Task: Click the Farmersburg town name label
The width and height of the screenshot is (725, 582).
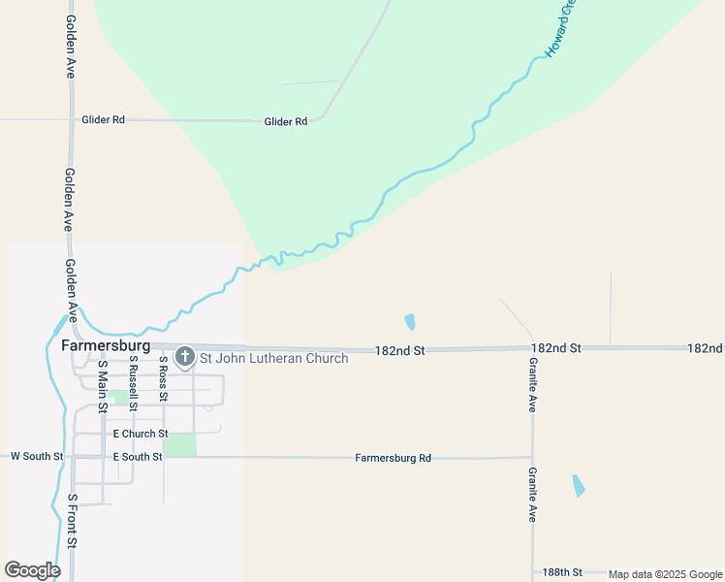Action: click(x=105, y=345)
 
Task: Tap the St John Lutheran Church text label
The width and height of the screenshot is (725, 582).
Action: click(x=273, y=358)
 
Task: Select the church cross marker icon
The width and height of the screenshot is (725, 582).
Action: click(x=184, y=357)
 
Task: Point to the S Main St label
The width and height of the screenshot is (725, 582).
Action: click(x=102, y=385)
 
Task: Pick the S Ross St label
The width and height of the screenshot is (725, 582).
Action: click(x=163, y=378)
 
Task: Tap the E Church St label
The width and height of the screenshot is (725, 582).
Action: click(x=141, y=434)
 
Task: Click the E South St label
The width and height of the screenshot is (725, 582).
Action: click(x=137, y=456)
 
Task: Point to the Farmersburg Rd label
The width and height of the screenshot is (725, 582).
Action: click(x=393, y=458)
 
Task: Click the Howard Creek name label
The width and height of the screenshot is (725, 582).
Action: click(x=560, y=29)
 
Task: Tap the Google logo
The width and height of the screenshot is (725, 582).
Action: click(x=33, y=570)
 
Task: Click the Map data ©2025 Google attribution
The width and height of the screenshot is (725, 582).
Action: click(x=665, y=574)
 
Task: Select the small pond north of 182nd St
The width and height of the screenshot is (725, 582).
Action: click(x=410, y=321)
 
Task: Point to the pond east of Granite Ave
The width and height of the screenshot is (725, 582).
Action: click(x=579, y=485)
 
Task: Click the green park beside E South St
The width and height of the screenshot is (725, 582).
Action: click(x=179, y=444)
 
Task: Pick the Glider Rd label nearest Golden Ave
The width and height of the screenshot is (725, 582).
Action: click(x=105, y=120)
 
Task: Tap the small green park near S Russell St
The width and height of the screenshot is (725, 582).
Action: click(x=121, y=396)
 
